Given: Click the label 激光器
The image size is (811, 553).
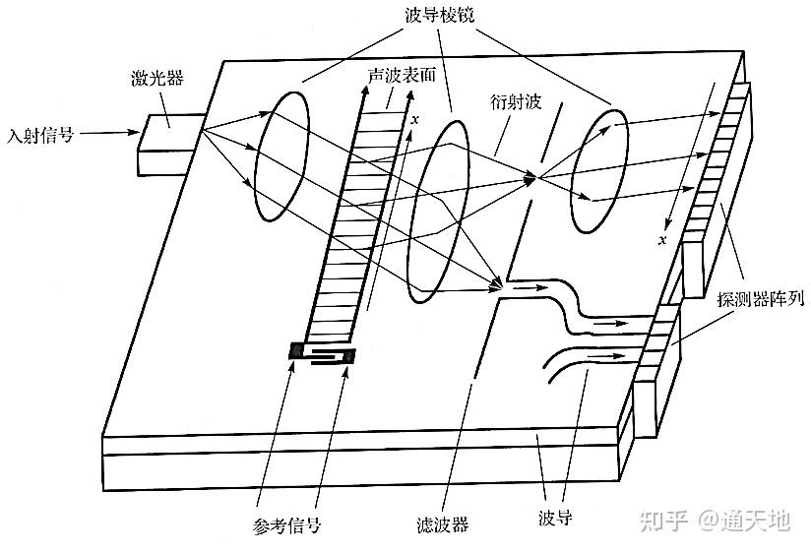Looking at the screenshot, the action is (x=157, y=78).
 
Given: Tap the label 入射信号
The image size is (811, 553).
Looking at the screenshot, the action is (x=40, y=135).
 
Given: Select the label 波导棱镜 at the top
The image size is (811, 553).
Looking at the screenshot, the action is (x=439, y=16).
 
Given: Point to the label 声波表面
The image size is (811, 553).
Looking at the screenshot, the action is (x=402, y=75).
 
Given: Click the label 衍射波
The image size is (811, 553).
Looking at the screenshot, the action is (x=515, y=102).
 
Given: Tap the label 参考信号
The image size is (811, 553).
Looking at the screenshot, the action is (x=287, y=525).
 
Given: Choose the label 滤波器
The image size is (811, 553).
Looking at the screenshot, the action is (x=442, y=524).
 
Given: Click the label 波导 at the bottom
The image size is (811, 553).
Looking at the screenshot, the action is (x=555, y=518).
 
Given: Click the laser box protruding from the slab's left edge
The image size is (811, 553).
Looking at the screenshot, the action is (x=170, y=145).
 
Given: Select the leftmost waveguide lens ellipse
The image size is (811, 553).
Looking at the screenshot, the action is (x=282, y=156).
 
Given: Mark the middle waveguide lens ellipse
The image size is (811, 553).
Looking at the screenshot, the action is (x=438, y=212).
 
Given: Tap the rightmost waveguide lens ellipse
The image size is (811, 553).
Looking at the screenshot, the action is (x=599, y=170).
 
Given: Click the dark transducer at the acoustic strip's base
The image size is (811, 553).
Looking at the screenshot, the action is (x=322, y=354).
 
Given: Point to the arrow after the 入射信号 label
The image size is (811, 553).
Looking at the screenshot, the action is (x=109, y=133).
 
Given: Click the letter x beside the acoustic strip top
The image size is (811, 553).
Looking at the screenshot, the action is (x=414, y=120).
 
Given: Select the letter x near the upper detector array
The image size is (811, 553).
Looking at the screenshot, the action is (x=662, y=239).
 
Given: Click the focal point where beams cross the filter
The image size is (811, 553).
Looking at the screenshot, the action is (x=536, y=178).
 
